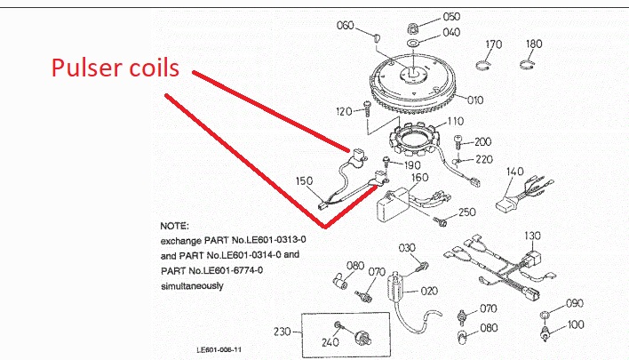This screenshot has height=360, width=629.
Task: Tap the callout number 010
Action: [475, 100]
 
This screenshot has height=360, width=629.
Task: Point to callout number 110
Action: [455, 121]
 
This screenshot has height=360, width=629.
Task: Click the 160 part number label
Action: [419, 178]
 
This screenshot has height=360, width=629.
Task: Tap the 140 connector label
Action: [515, 171]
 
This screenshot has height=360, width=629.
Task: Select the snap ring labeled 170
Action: [493, 44]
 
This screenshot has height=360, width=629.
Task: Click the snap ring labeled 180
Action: [534, 44]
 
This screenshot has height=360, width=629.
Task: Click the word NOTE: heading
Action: [174, 227]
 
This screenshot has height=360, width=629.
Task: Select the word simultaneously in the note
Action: [192, 286]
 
